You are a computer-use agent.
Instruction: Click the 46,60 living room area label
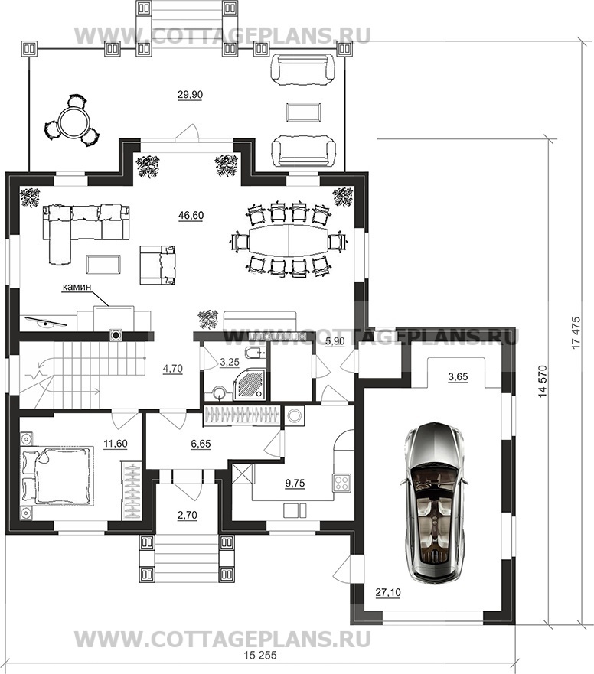(191, 215)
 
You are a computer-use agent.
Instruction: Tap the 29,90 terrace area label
(190, 95)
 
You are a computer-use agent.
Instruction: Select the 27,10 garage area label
(388, 592)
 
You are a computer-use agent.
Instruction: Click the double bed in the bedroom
(57, 475)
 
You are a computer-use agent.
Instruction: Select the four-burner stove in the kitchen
(342, 483)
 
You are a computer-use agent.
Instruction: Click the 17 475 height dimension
(576, 333)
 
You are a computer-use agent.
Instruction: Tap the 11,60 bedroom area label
(116, 444)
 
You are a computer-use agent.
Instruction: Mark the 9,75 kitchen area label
(295, 484)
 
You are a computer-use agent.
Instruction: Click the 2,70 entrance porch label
(187, 515)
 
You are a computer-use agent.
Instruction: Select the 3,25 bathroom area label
(229, 363)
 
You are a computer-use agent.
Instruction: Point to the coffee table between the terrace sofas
(304, 112)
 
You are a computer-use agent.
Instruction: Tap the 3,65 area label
(458, 377)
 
